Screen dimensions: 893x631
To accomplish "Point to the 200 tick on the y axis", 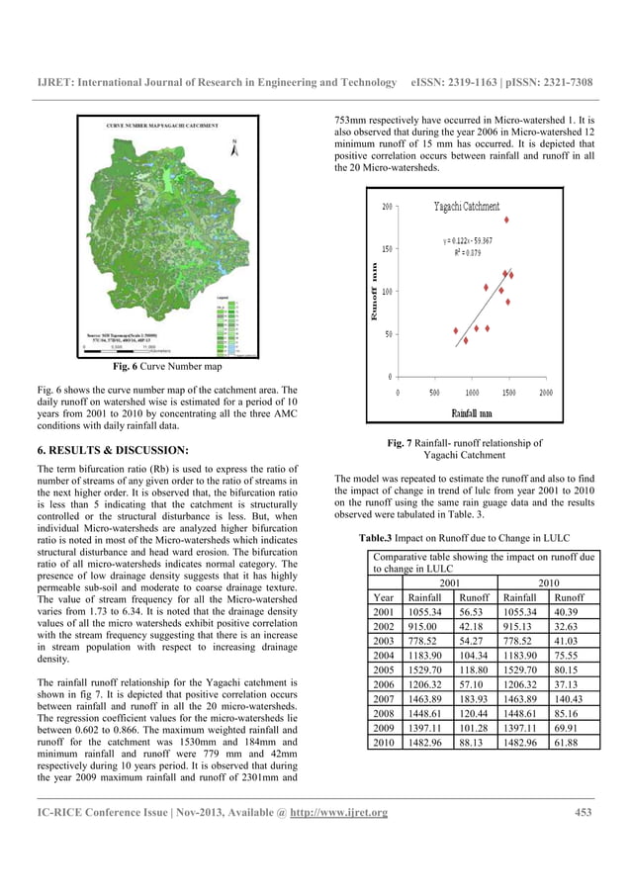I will click(388, 208).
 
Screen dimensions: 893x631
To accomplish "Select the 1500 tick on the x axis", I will click(508, 392).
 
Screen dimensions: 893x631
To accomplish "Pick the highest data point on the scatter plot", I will click(507, 220).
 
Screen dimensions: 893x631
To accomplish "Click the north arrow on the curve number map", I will click(233, 148).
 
